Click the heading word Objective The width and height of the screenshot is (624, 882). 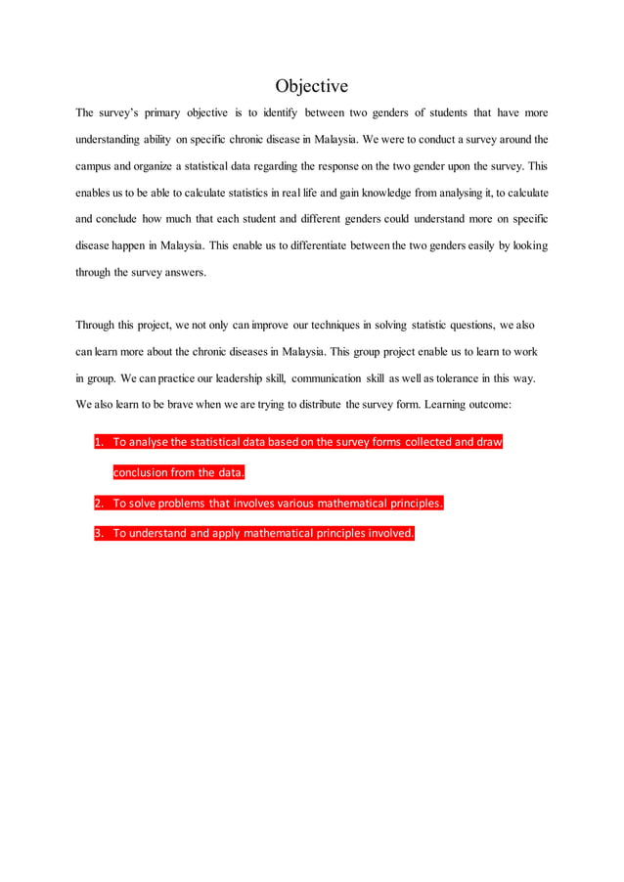click(x=311, y=86)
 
